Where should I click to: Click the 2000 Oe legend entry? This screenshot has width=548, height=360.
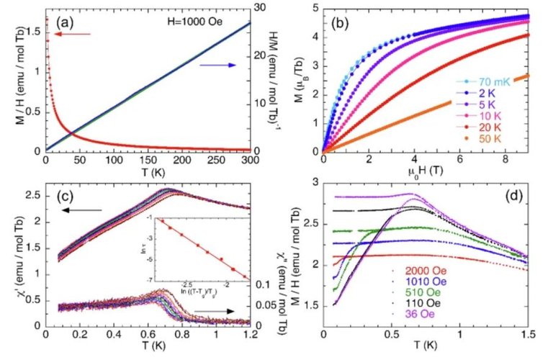tap(422, 271)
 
